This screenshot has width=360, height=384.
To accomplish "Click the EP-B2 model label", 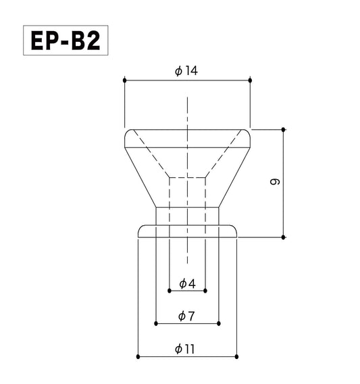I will pos(65,41).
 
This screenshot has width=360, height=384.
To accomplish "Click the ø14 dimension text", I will pos(186,71).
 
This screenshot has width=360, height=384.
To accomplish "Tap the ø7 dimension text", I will pos(186,316).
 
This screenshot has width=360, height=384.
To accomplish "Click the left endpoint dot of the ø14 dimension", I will pos(124,81).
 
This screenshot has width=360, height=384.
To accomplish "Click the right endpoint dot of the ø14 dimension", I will pos(251,81).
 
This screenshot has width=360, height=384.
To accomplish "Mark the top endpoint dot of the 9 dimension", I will pos(284,128).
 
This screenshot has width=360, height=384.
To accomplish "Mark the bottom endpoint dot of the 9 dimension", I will pos(284,237).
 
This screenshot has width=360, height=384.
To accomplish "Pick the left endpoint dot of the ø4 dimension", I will pos(168,291).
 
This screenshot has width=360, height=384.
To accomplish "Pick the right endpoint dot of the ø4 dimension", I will pos(205,291).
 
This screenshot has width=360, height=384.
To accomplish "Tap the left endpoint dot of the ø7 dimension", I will pos(156,324).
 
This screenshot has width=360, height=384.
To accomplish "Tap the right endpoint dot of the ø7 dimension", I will pos(218,324).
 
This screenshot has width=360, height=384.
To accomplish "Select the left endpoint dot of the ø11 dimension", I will pos(137,356).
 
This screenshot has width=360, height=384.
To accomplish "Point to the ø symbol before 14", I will pos(177,71).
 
